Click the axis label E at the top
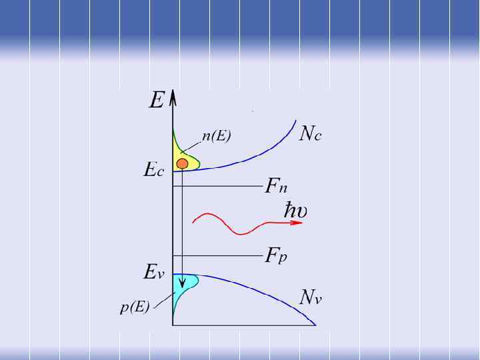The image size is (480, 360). [x=157, y=101]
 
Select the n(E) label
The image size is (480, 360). [x=216, y=137]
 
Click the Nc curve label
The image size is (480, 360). [x=311, y=134]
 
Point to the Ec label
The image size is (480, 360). [x=154, y=170]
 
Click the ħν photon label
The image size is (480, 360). [x=293, y=211]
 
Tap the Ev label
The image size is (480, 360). [x=153, y=272]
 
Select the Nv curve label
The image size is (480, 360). [x=311, y=297]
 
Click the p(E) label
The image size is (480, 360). [x=135, y=308]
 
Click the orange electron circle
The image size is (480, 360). [x=182, y=163]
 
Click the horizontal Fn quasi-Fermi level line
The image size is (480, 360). [x=220, y=187]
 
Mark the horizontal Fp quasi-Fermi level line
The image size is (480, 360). [x=220, y=255]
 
